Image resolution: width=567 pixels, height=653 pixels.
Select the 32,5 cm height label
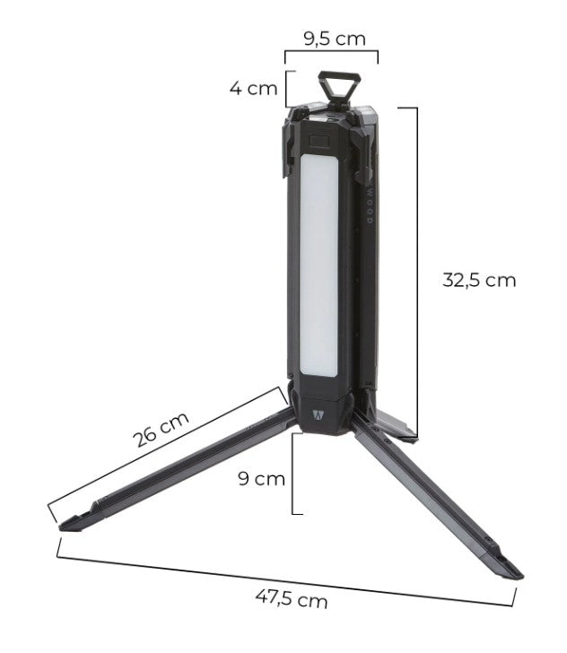479,279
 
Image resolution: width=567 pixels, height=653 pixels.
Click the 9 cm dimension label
261,478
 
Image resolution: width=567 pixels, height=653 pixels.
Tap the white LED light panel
318,265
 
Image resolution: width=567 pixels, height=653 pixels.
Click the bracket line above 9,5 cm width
331,52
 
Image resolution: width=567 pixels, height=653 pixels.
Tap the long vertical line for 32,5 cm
417,269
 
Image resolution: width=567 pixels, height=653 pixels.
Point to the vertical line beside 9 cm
293,474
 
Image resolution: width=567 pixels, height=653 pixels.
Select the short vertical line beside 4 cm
286,89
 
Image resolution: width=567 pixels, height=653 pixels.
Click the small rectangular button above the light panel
318,142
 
